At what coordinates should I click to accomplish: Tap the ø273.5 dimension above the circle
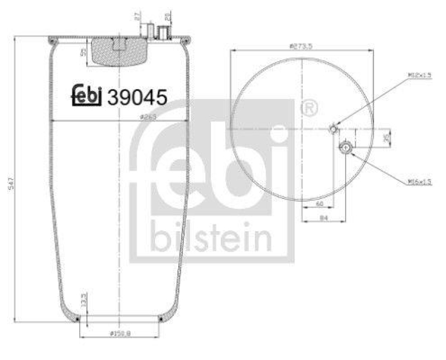[301, 46]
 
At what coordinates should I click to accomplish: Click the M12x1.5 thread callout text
[420, 75]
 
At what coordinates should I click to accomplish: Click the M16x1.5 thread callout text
[420, 182]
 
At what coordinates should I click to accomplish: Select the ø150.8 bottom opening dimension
[120, 333]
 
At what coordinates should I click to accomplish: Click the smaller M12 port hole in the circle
[333, 130]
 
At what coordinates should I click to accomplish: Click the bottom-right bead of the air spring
[161, 318]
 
